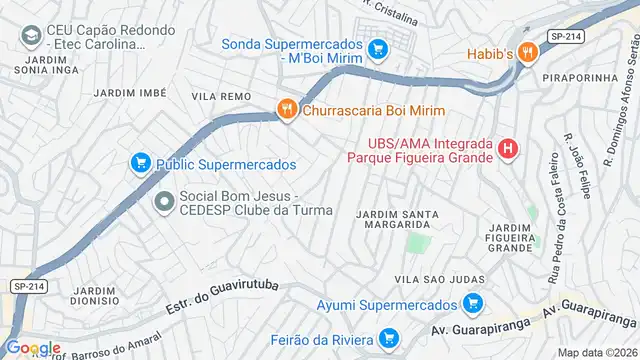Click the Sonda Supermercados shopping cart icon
[x=377, y=47]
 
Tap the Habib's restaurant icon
[x=527, y=53]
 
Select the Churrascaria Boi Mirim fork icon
[x=287, y=111]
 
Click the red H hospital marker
[x=509, y=149]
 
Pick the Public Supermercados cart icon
[x=140, y=162]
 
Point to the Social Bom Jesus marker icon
[x=163, y=202]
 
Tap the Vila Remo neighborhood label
[x=221, y=95]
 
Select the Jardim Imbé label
[x=129, y=92]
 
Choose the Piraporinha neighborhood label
[x=574, y=76]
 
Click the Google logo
[x=33, y=348]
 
